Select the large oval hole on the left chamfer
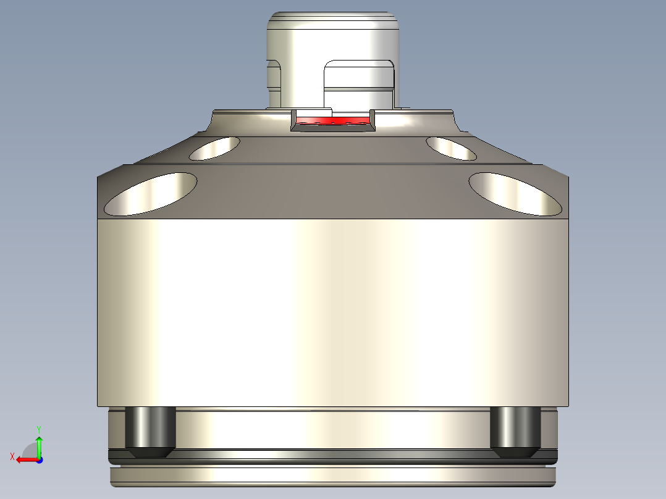[x=151, y=194]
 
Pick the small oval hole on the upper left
[x=214, y=148]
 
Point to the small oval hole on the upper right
[x=451, y=148]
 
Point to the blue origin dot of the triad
[x=39, y=459]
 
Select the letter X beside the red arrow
[x=12, y=456]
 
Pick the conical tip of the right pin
[x=515, y=453]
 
